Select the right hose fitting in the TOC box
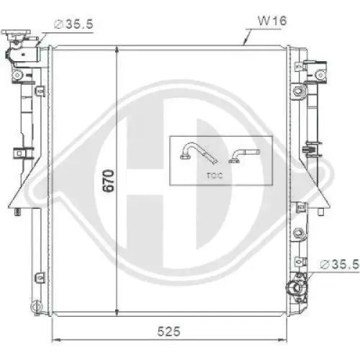(243, 154)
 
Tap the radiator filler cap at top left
(14, 35)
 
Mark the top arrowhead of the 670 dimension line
(117, 49)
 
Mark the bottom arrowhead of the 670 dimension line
(117, 310)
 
